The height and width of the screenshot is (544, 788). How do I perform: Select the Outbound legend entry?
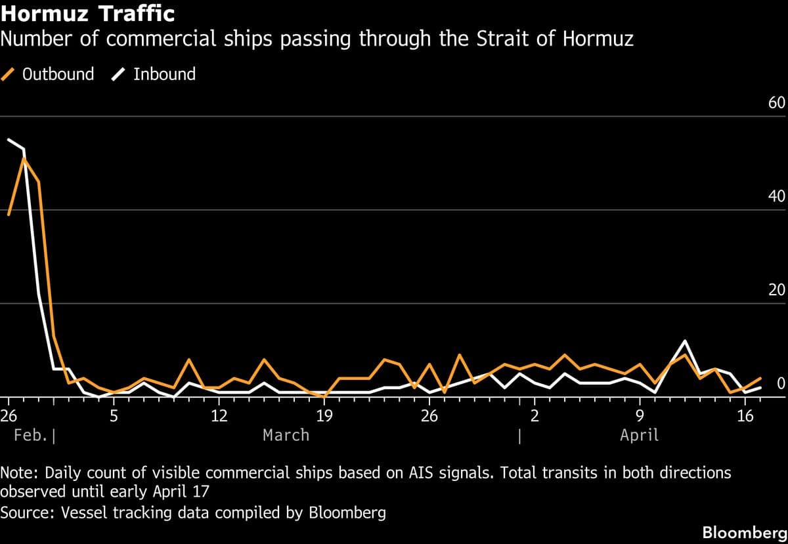[x=49, y=74]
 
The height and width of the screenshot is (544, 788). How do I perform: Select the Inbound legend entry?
[x=154, y=74]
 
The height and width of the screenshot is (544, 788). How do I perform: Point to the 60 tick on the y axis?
[x=776, y=104]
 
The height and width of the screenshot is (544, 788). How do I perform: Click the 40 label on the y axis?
[x=776, y=197]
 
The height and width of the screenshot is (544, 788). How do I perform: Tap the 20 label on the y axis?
[x=776, y=290]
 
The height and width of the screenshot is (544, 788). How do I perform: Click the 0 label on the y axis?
[x=780, y=383]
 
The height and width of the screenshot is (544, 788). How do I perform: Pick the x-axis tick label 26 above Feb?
[x=8, y=415]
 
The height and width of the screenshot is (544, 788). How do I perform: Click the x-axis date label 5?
[x=114, y=415]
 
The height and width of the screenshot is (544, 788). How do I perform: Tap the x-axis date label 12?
[x=219, y=415]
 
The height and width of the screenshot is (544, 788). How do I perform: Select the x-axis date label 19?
[x=324, y=415]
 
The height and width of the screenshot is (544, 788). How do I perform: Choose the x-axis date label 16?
[x=745, y=415]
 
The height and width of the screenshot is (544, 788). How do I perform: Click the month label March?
[x=286, y=435]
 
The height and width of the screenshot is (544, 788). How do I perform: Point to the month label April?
[x=639, y=435]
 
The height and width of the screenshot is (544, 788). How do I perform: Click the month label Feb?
[x=30, y=435]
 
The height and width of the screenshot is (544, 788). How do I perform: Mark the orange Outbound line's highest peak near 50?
[x=24, y=157]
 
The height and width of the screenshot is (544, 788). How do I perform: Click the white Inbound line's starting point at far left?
[x=9, y=139]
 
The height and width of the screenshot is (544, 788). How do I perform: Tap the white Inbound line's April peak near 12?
[x=685, y=341]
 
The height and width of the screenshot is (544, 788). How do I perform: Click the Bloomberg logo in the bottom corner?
[x=745, y=532]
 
